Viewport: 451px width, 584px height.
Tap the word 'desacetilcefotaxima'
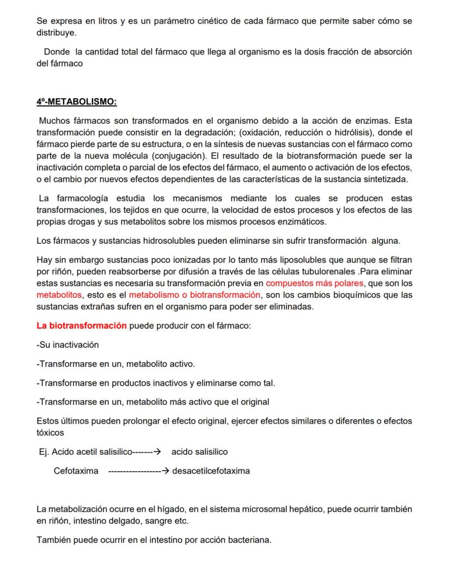pos(211,471)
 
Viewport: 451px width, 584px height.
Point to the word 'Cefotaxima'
pos(76,471)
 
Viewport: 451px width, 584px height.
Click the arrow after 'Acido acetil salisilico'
pos(156,452)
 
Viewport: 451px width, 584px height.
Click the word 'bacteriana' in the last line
pos(249,540)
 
